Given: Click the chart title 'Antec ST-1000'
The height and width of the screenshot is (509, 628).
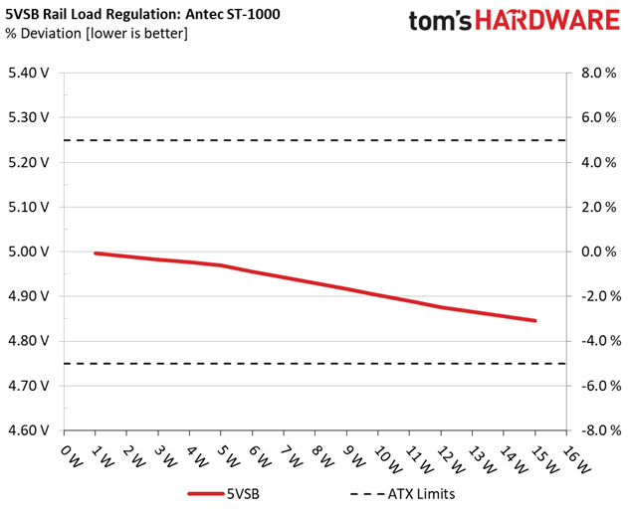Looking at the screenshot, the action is tap(233, 14).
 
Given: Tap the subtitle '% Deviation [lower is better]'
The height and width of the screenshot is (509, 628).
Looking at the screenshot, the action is tap(97, 33).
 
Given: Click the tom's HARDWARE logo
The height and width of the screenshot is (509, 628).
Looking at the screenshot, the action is tap(515, 20).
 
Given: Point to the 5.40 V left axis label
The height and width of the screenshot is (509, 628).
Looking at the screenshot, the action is tap(29, 73).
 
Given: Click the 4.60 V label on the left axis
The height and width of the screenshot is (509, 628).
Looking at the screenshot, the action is tap(29, 430).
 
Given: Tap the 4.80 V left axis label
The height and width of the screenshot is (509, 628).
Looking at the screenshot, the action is tap(29, 341).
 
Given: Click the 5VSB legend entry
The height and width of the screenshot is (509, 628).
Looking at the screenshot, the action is tap(224, 494).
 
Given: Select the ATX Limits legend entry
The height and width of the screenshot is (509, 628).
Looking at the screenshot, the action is tap(402, 494).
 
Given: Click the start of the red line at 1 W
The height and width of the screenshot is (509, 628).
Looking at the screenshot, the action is tap(96, 254).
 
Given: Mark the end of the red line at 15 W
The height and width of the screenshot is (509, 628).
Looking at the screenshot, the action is tap(535, 320).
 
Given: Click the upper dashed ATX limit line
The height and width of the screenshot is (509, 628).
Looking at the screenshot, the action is tap(314, 140).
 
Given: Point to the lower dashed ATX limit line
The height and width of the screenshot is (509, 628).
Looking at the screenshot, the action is tap(314, 363).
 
